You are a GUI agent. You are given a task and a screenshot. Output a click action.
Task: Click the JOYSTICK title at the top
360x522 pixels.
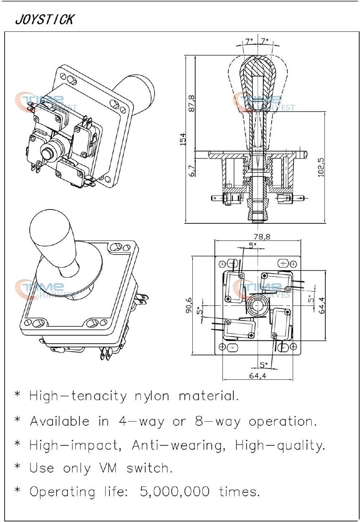click(45, 19)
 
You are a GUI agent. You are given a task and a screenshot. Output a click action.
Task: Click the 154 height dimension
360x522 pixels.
click(183, 139)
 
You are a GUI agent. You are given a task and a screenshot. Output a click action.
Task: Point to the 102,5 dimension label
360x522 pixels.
click(321, 167)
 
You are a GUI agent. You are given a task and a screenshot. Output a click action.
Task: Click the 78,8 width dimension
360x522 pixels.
click(262, 236)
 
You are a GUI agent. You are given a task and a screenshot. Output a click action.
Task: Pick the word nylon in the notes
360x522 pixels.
click(152, 396)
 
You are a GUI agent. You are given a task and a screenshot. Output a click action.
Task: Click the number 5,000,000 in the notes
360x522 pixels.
click(175, 491)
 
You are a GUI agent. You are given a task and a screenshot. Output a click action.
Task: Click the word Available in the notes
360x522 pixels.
click(59, 421)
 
